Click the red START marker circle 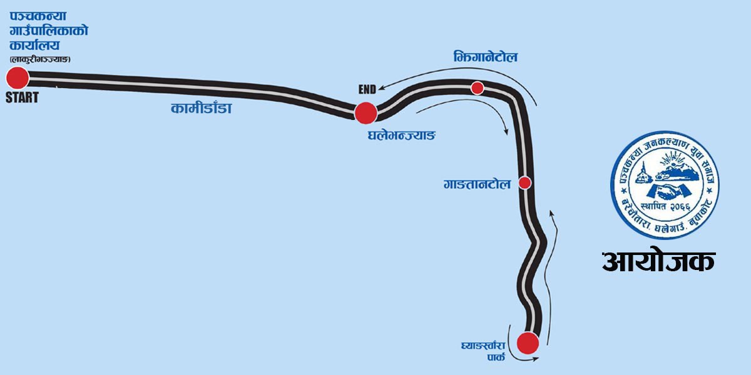[18, 78]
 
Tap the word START [22, 97]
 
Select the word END [367, 89]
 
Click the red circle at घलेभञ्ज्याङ [365, 113]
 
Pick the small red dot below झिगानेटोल [478, 87]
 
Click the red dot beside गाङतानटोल [525, 183]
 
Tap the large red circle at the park [528, 342]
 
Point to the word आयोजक [658, 261]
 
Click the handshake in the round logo [668, 187]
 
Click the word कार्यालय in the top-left [39, 46]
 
